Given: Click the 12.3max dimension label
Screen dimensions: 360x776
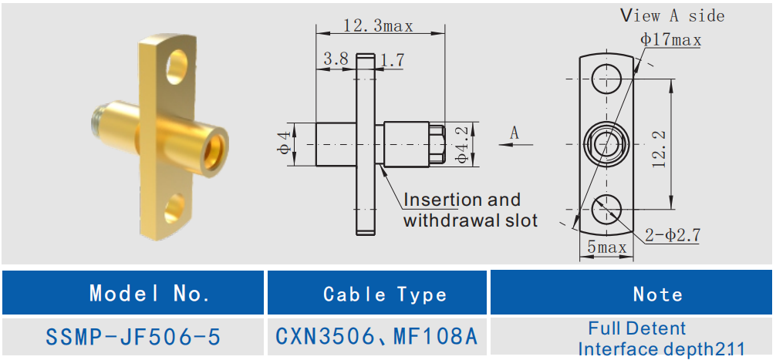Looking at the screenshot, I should click(x=378, y=25).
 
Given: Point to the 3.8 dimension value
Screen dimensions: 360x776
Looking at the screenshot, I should click(x=336, y=59).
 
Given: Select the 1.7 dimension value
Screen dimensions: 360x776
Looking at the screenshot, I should click(x=393, y=60).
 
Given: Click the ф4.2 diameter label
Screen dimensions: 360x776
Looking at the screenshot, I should click(x=461, y=144).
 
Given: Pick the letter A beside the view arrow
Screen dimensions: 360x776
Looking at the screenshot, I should click(x=515, y=133).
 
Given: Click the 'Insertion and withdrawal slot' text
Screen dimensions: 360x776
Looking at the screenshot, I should click(x=470, y=210).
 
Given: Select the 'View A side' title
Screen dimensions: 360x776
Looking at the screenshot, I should click(x=673, y=15).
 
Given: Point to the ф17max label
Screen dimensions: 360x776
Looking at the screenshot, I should click(x=670, y=40).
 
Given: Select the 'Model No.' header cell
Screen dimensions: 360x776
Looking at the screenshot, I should click(x=150, y=294).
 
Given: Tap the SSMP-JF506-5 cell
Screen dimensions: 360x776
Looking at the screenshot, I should click(x=133, y=337).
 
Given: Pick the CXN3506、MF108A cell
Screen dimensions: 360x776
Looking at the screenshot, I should click(x=377, y=337).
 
